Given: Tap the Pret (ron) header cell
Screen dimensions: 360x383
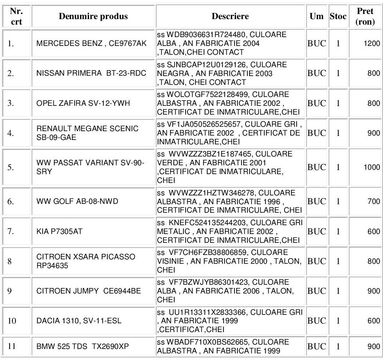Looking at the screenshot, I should click(365, 17).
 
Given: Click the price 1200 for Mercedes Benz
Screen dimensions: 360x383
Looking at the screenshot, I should click(372, 45).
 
